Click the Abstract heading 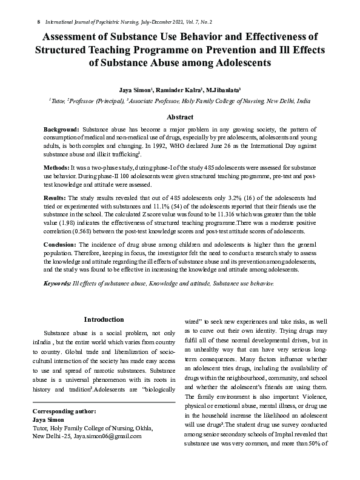pyautogui.click(x=180, y=117)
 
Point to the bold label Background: pyautogui.click(x=61, y=130)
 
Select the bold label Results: pyautogui.click(x=55, y=198)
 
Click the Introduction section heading pyautogui.click(x=104, y=319)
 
